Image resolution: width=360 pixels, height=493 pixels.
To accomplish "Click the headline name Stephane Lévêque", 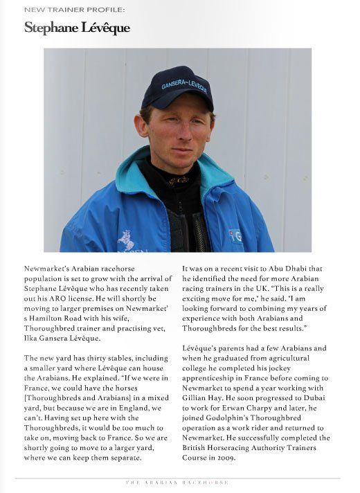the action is pos(77,28).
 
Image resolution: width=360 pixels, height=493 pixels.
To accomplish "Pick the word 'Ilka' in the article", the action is pos(33,337).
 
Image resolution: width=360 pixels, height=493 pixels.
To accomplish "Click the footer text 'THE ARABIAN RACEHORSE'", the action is pos(178,483).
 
